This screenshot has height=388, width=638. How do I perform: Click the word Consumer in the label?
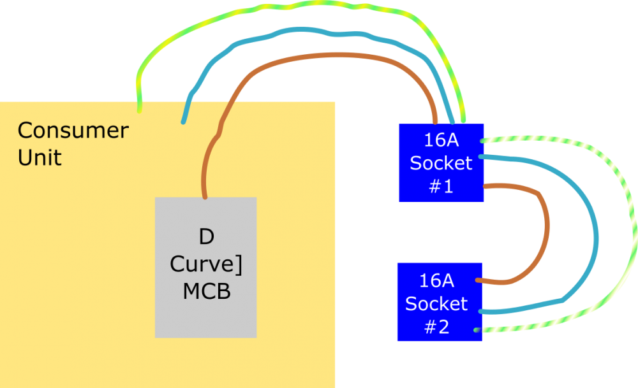click(73, 131)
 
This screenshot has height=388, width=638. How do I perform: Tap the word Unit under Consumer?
click(40, 157)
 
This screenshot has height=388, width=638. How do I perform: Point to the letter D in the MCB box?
click(206, 238)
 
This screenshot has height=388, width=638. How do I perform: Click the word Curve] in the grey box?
click(206, 264)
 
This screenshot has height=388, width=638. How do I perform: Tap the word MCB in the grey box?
click(206, 291)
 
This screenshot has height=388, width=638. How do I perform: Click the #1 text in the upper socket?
click(441, 187)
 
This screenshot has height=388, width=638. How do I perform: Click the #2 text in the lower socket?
click(437, 327)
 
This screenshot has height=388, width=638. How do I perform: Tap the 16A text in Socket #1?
click(441, 140)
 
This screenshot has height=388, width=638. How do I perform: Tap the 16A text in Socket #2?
click(437, 280)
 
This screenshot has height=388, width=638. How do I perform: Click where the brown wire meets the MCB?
click(205, 197)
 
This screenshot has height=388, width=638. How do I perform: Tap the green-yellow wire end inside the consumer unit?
click(139, 110)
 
